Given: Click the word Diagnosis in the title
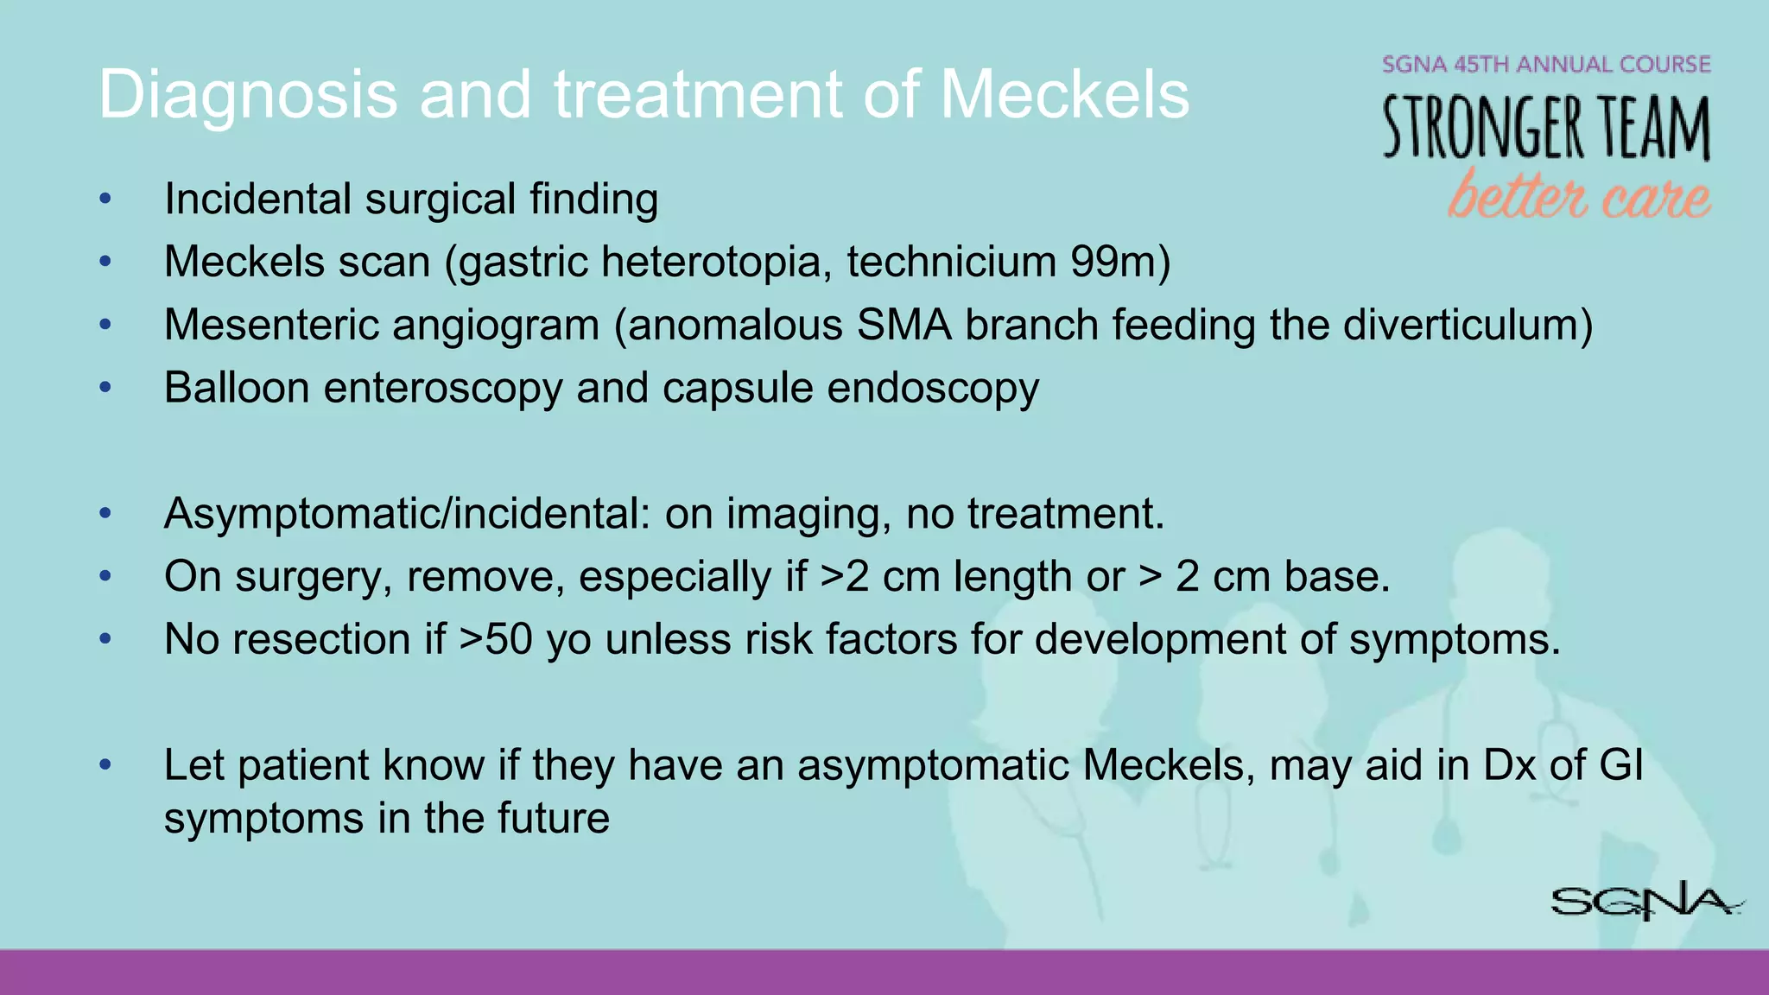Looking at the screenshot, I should click(247, 95).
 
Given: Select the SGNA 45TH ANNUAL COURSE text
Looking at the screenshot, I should click(1545, 65).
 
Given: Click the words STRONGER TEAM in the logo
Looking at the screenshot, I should click(1545, 128).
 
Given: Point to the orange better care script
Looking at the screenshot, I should click(1578, 196).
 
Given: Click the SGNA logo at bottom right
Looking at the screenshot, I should click(1645, 903).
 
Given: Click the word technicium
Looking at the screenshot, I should click(951, 262).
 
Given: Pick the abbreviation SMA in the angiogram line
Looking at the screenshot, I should click(904, 326).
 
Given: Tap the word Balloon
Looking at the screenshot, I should click(237, 388).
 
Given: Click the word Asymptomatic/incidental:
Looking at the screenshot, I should click(407, 514).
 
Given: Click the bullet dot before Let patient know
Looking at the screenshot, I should click(105, 764).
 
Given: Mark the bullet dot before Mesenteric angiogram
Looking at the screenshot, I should click(105, 325).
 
